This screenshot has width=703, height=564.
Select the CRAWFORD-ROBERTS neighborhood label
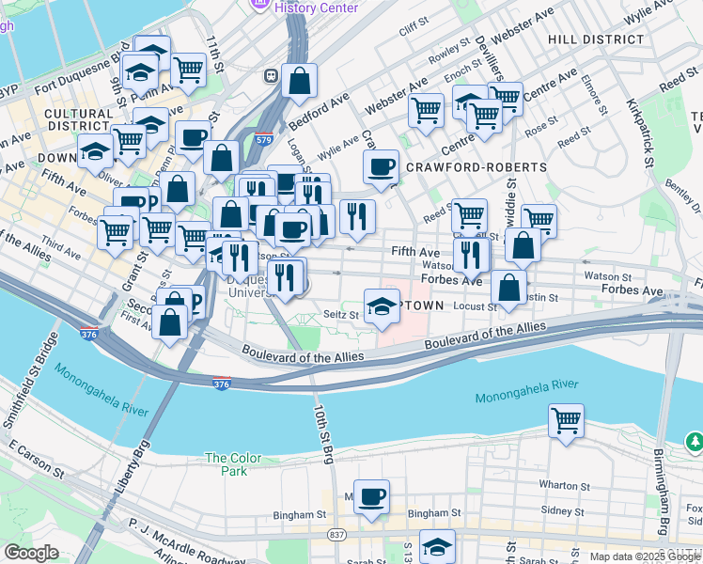point(476,167)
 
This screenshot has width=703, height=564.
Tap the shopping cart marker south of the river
point(566,421)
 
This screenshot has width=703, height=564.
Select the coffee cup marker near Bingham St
point(371,495)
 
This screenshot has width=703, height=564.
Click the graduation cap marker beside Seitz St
point(381,305)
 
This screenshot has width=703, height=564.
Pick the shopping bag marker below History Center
point(299,82)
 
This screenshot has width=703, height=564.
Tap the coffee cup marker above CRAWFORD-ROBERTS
point(381,167)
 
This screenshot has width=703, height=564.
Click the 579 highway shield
point(263,140)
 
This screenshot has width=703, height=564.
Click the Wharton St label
point(564,487)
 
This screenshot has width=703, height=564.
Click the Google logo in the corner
point(31,553)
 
